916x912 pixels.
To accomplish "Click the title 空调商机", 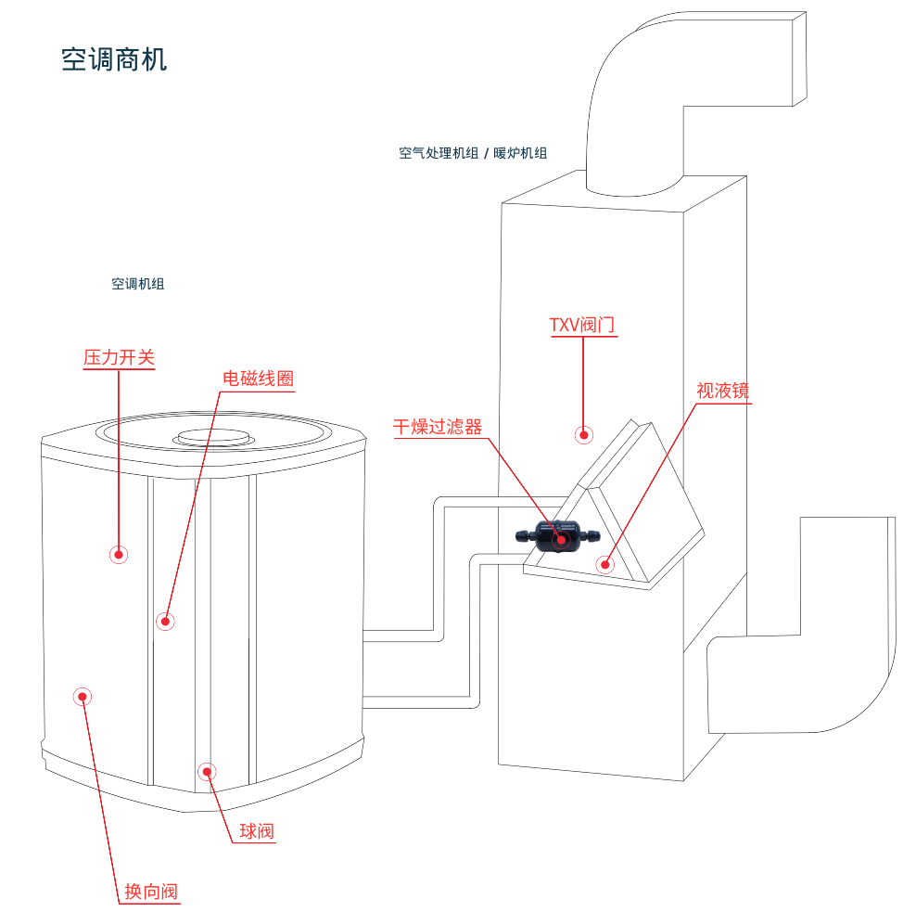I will (114, 60).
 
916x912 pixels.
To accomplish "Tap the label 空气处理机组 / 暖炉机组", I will (473, 153).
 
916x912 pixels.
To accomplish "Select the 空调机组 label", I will (137, 284).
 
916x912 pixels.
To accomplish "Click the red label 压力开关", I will (119, 357).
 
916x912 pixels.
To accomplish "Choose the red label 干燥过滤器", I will (438, 427).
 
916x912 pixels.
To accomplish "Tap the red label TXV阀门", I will (582, 325).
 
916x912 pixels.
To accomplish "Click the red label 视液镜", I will (722, 391).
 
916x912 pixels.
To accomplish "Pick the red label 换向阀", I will (151, 893).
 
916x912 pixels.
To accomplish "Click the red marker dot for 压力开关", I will (119, 555).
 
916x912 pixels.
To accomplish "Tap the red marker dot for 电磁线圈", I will (165, 621).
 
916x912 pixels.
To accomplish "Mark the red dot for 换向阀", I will (82, 696).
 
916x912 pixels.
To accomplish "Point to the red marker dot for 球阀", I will (207, 770).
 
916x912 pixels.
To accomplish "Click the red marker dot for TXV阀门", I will (583, 433).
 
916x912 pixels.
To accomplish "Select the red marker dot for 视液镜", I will (605, 563).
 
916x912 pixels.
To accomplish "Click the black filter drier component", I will (556, 536).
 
